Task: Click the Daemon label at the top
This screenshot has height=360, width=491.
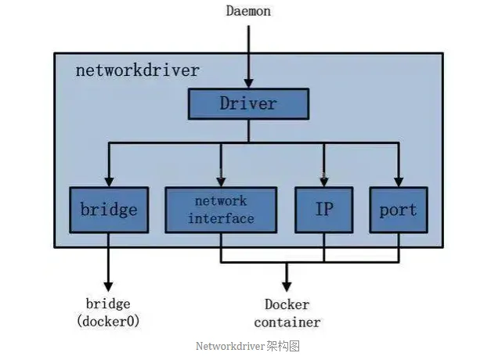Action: click(248, 11)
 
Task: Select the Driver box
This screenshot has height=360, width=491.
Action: click(248, 103)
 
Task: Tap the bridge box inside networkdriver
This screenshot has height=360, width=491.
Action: click(108, 209)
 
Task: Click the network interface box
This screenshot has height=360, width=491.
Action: click(221, 209)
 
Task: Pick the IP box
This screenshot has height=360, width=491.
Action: click(324, 209)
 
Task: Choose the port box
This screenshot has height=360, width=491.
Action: click(398, 209)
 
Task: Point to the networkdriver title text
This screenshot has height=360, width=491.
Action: click(137, 70)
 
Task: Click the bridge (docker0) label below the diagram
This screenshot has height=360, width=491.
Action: click(108, 312)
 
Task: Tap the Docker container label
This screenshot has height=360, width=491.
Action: click(287, 313)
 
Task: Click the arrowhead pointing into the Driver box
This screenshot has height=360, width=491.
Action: click(248, 82)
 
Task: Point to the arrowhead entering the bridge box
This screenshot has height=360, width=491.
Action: click(108, 181)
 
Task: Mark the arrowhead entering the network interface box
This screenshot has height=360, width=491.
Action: click(221, 181)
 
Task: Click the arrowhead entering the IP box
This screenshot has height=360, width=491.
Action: click(324, 181)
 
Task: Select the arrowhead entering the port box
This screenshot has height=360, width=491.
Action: click(398, 181)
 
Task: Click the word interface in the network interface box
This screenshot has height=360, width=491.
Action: click(221, 218)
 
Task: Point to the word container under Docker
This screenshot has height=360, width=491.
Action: click(287, 322)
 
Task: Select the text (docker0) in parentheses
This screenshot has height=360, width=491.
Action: click(108, 321)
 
